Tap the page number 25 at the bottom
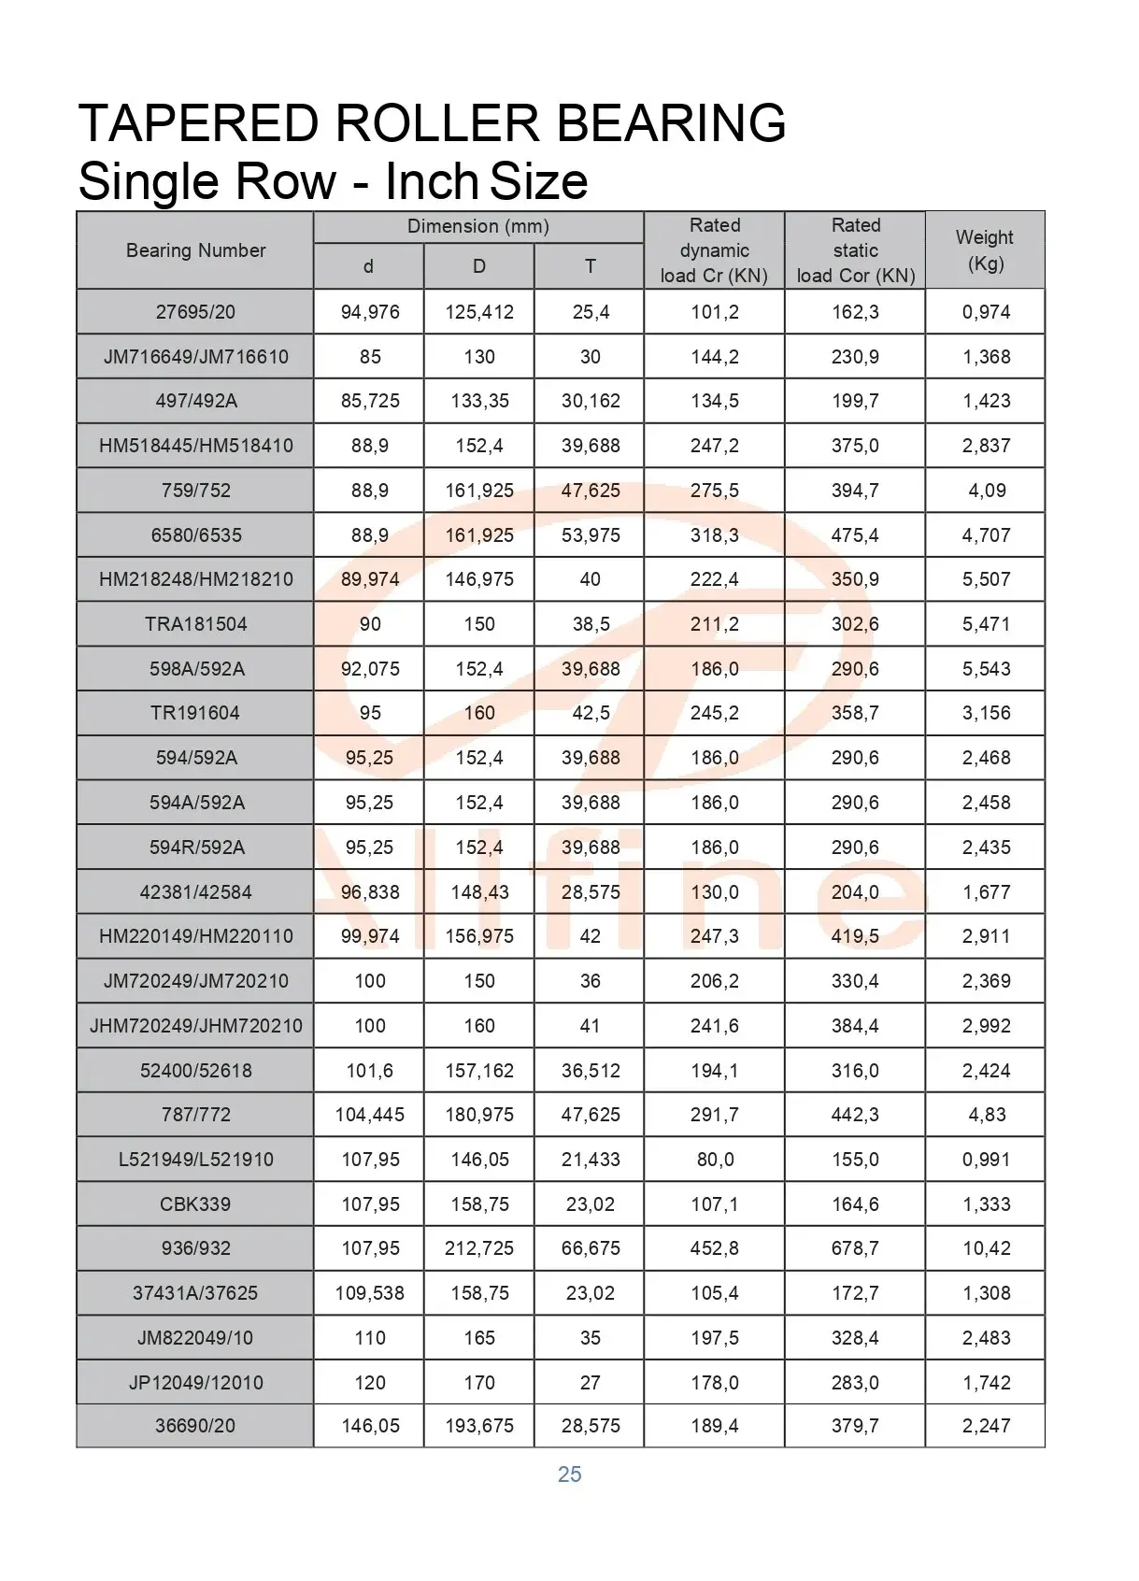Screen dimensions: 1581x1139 569,1474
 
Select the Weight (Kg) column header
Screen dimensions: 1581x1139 985,249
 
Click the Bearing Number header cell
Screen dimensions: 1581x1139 195,250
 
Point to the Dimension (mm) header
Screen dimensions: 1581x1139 477,226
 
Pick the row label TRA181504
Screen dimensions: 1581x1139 195,624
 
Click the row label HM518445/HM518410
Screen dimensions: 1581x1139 195,446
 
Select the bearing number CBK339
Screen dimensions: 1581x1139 195,1204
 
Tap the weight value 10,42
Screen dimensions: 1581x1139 986,1248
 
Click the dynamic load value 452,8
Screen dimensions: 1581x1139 715,1248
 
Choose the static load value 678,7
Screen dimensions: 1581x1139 855,1248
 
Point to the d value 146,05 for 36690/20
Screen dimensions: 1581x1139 370,1426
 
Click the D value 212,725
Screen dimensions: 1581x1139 479,1248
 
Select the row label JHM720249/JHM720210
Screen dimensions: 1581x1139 195,1026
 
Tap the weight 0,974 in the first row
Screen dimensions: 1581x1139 986,312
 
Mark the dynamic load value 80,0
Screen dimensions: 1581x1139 715,1160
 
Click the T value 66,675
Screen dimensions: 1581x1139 591,1248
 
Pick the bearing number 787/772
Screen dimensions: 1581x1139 195,1115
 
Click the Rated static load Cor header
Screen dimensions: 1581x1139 855,250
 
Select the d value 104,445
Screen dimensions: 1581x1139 370,1115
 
